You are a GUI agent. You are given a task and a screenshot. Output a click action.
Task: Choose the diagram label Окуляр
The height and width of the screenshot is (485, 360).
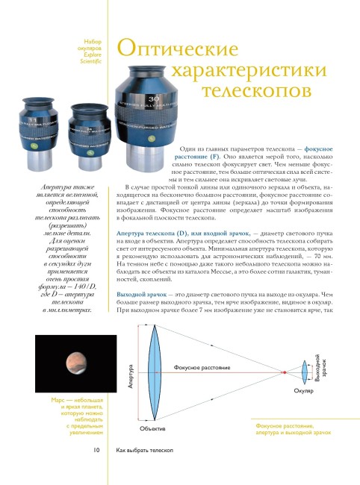tap(303, 391)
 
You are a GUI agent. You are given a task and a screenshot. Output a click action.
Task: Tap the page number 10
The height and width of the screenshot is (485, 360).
tap(97, 451)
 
